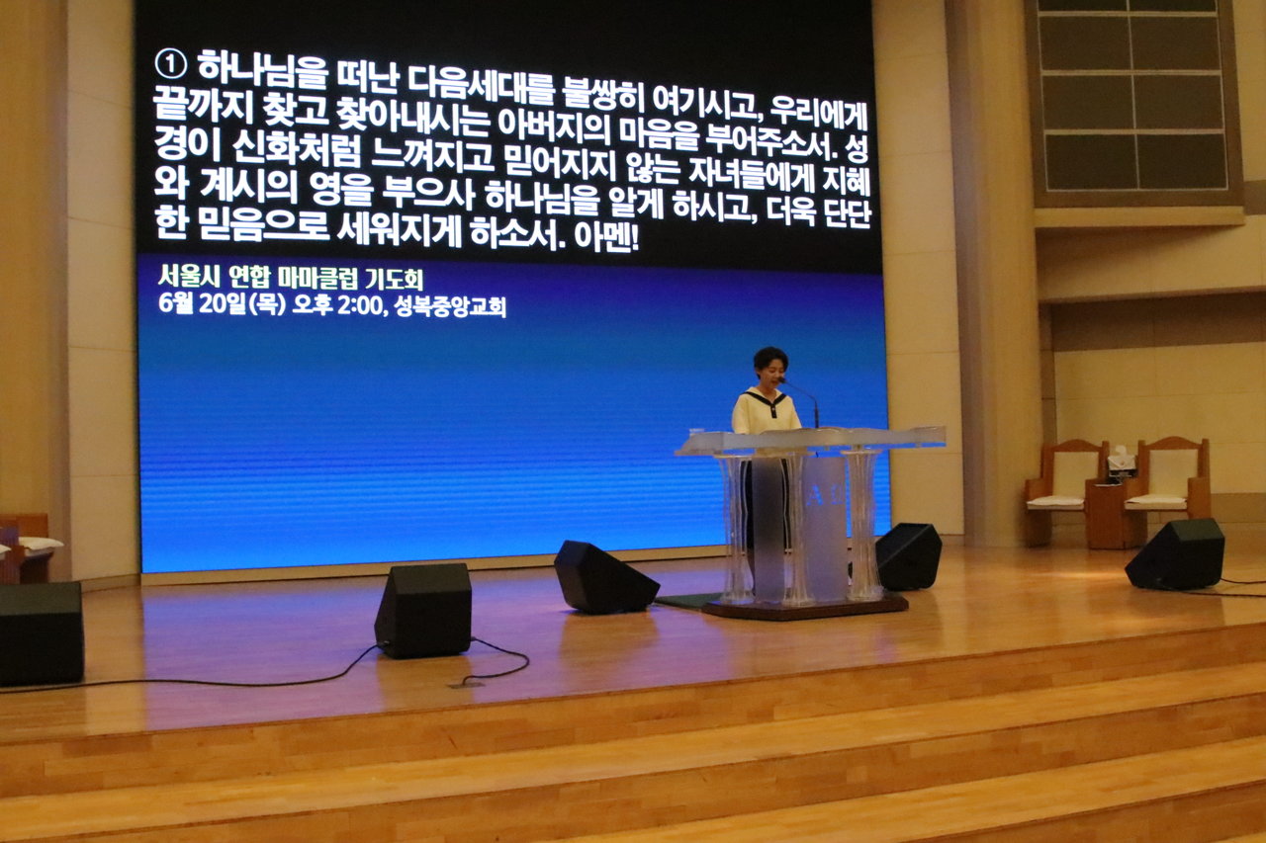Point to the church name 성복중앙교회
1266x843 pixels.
(450, 307)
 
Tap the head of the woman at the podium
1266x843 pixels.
(770, 367)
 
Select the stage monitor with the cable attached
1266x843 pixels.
(423, 610)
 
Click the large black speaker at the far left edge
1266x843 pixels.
(41, 633)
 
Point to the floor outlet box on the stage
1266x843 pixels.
(467, 684)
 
